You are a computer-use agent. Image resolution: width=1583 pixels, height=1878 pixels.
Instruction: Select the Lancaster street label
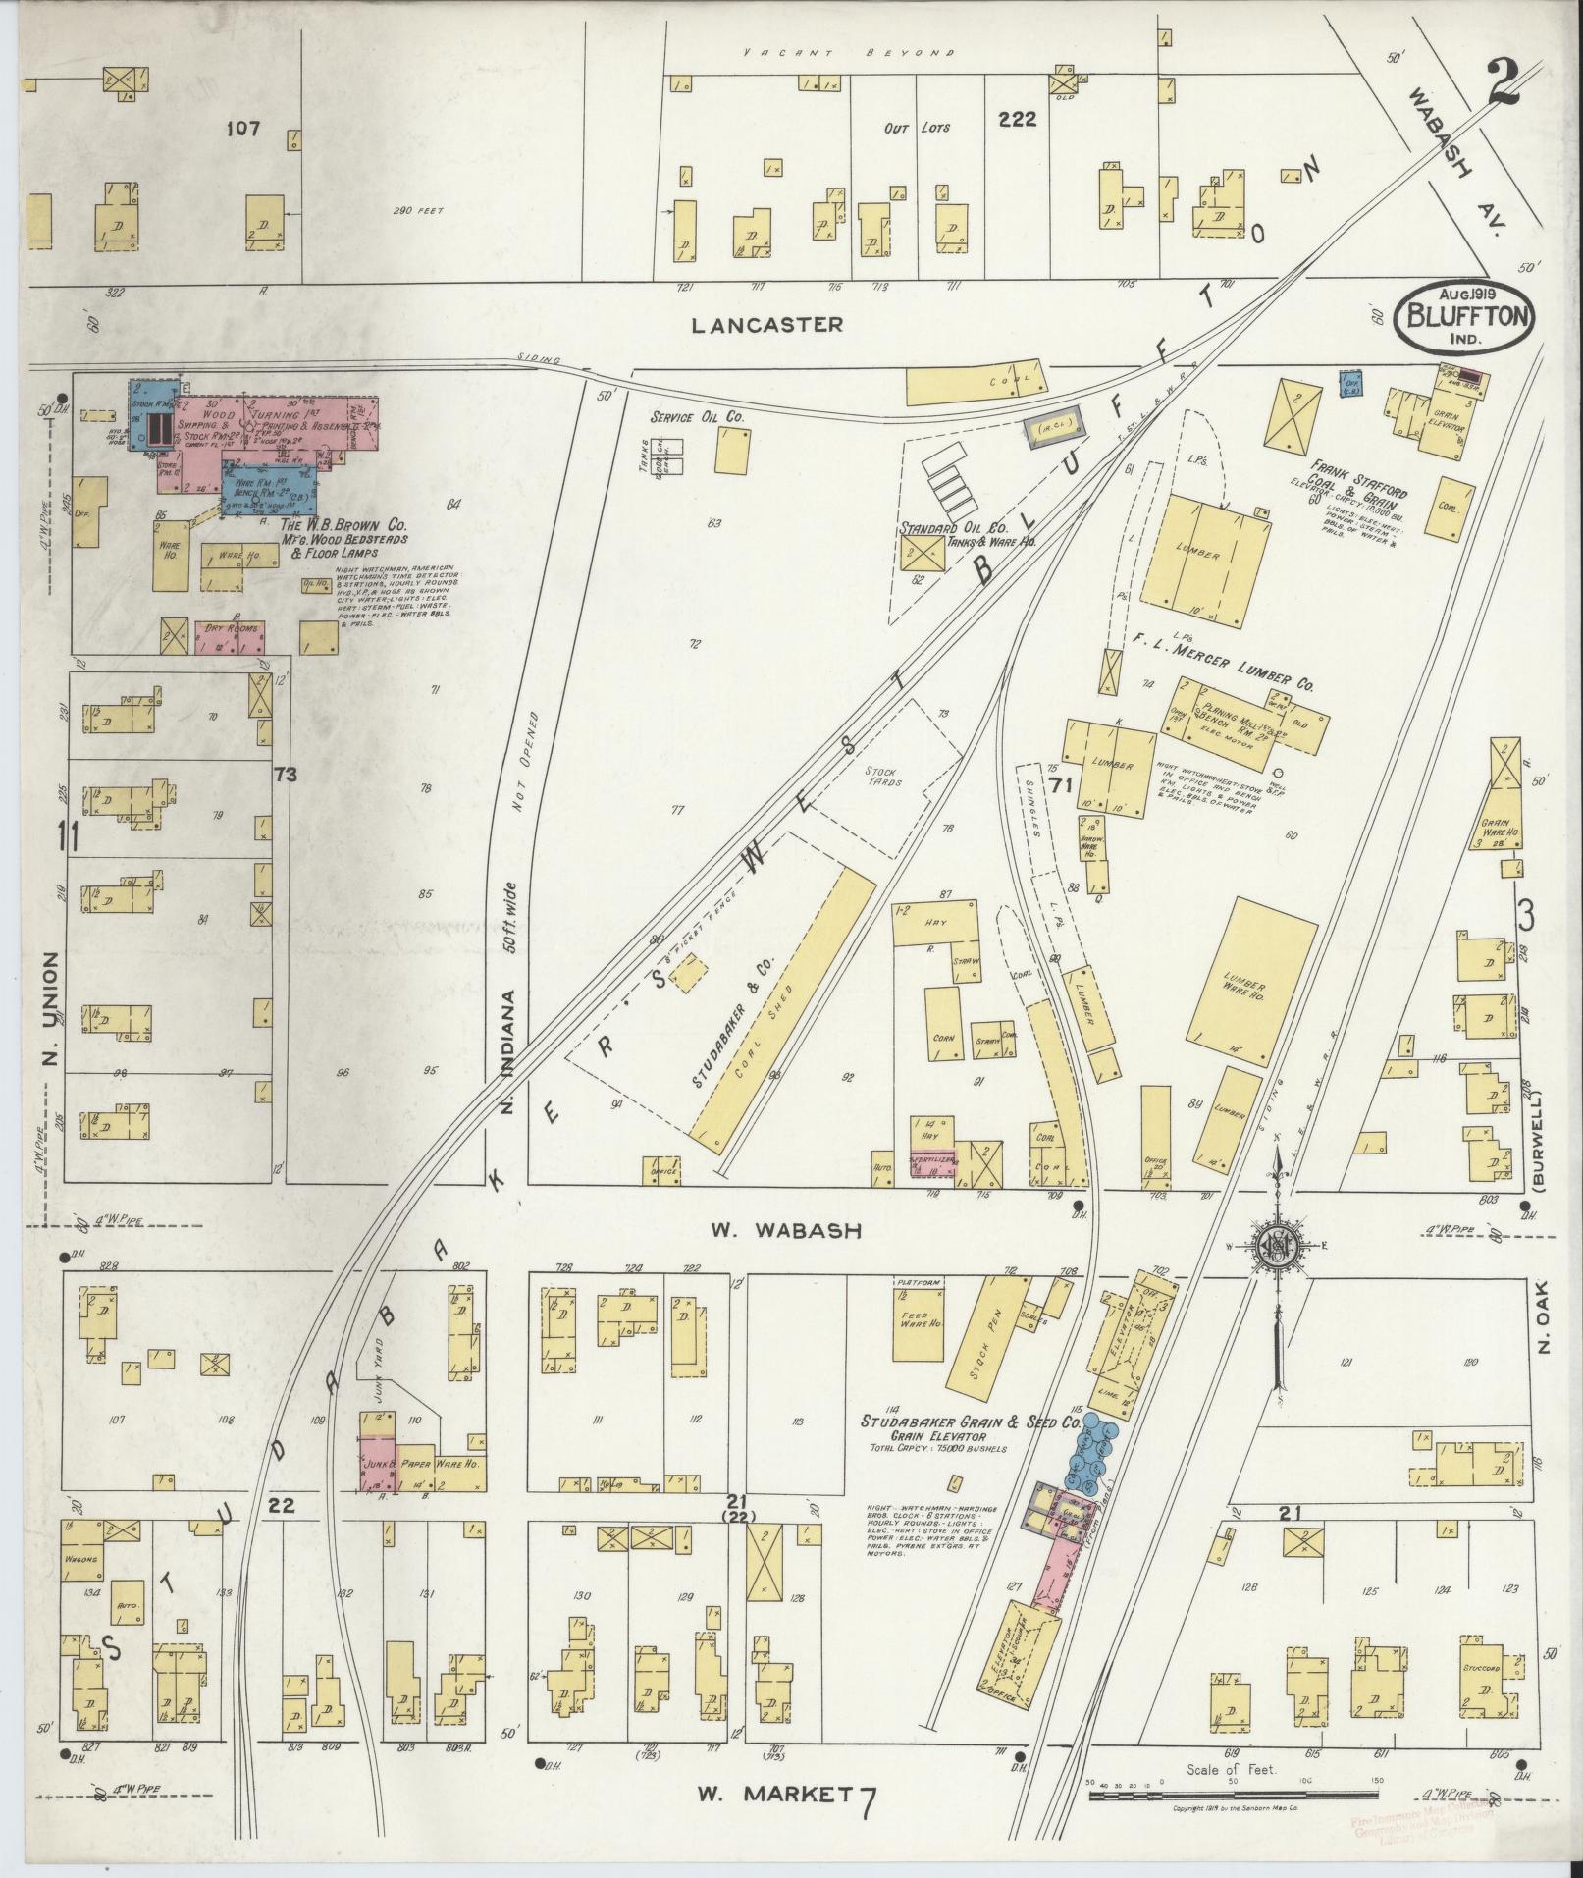click(767, 324)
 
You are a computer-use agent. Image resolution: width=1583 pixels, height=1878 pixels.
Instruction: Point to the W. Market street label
click(775, 1794)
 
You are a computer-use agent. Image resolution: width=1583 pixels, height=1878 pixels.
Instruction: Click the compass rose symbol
click(1280, 1246)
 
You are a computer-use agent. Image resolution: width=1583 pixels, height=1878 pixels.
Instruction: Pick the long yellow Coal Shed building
click(782, 1004)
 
